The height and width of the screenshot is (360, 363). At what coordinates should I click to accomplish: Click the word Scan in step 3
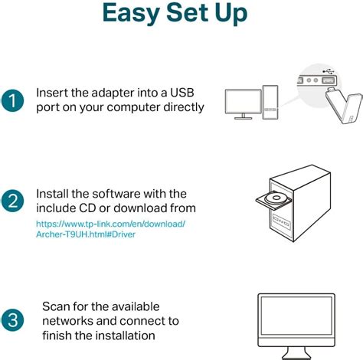coord(57,306)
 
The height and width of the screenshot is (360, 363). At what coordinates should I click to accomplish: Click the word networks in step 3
coord(70,320)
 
